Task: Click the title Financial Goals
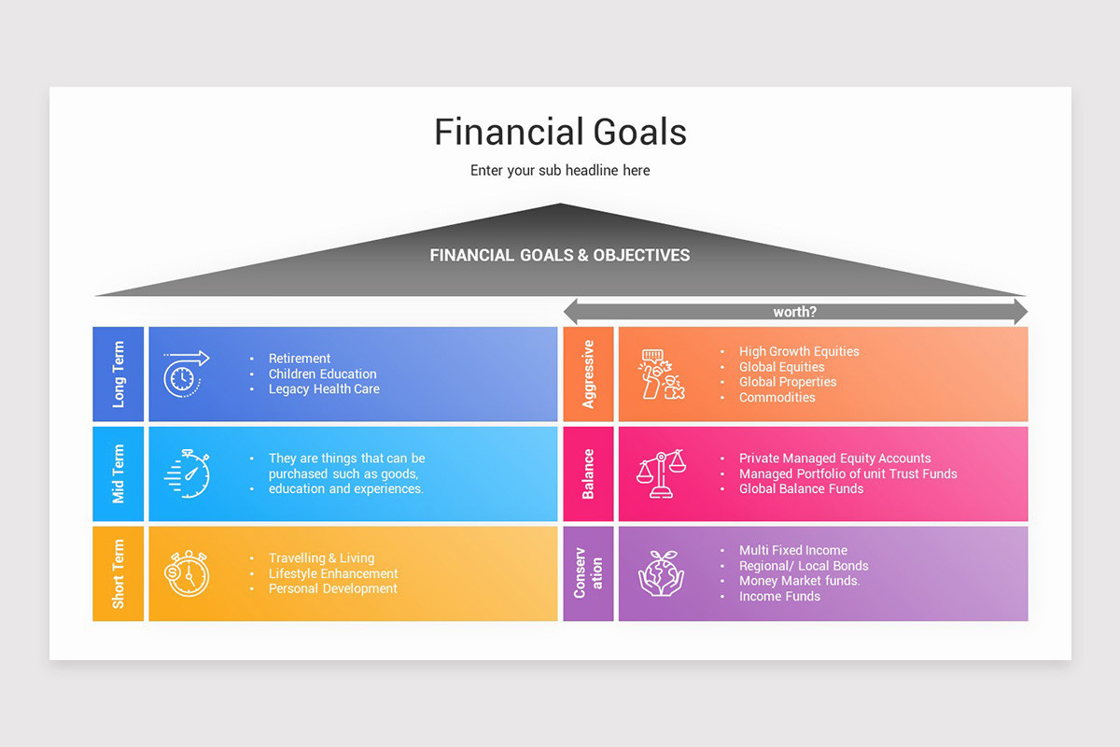(560, 132)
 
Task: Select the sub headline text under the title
(560, 171)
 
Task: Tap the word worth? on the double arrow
(795, 312)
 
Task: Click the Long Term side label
(119, 373)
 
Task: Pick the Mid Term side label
(119, 473)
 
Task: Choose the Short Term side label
(119, 573)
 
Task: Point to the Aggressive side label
(588, 373)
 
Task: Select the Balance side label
(588, 473)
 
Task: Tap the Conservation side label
(588, 572)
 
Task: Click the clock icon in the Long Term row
(185, 373)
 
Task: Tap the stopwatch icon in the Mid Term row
(188, 472)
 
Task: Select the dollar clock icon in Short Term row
(187, 572)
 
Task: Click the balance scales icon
(660, 473)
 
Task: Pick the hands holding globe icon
(661, 572)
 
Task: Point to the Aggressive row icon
(662, 374)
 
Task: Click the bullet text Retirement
(300, 359)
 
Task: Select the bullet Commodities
(777, 398)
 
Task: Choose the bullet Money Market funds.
(800, 581)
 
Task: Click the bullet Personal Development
(333, 589)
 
